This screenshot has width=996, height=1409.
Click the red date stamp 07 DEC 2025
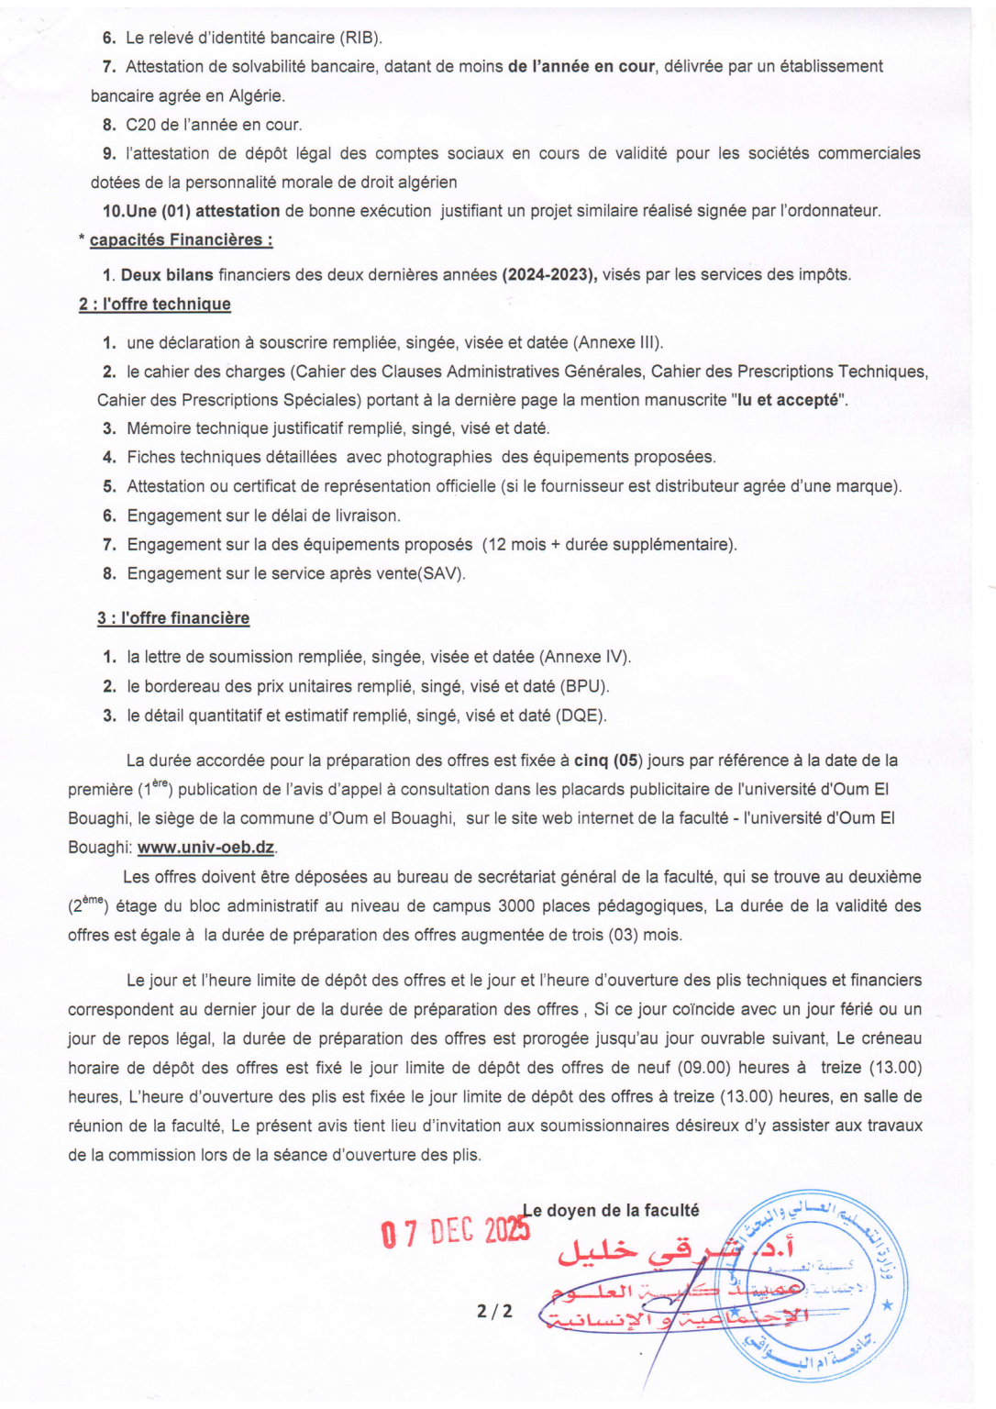click(x=455, y=1232)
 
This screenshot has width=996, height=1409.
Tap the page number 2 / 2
click(x=494, y=1311)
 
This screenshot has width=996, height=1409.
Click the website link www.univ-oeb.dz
click(x=205, y=848)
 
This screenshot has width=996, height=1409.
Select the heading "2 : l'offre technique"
click(x=155, y=305)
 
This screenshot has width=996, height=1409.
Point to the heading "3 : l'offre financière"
click(x=173, y=618)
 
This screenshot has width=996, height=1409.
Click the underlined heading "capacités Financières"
click(x=181, y=240)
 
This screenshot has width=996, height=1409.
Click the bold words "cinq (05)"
click(x=608, y=760)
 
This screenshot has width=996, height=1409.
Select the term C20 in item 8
click(x=141, y=125)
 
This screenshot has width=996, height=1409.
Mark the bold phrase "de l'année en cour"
click(x=581, y=66)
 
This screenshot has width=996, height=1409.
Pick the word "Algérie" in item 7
click(x=256, y=95)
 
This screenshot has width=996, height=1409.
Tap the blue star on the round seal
click(x=886, y=1304)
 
